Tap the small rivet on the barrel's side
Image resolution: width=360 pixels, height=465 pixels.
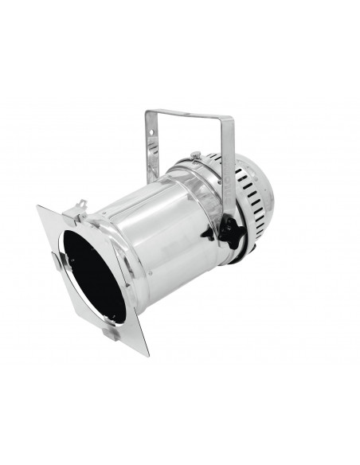tap(206, 236)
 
